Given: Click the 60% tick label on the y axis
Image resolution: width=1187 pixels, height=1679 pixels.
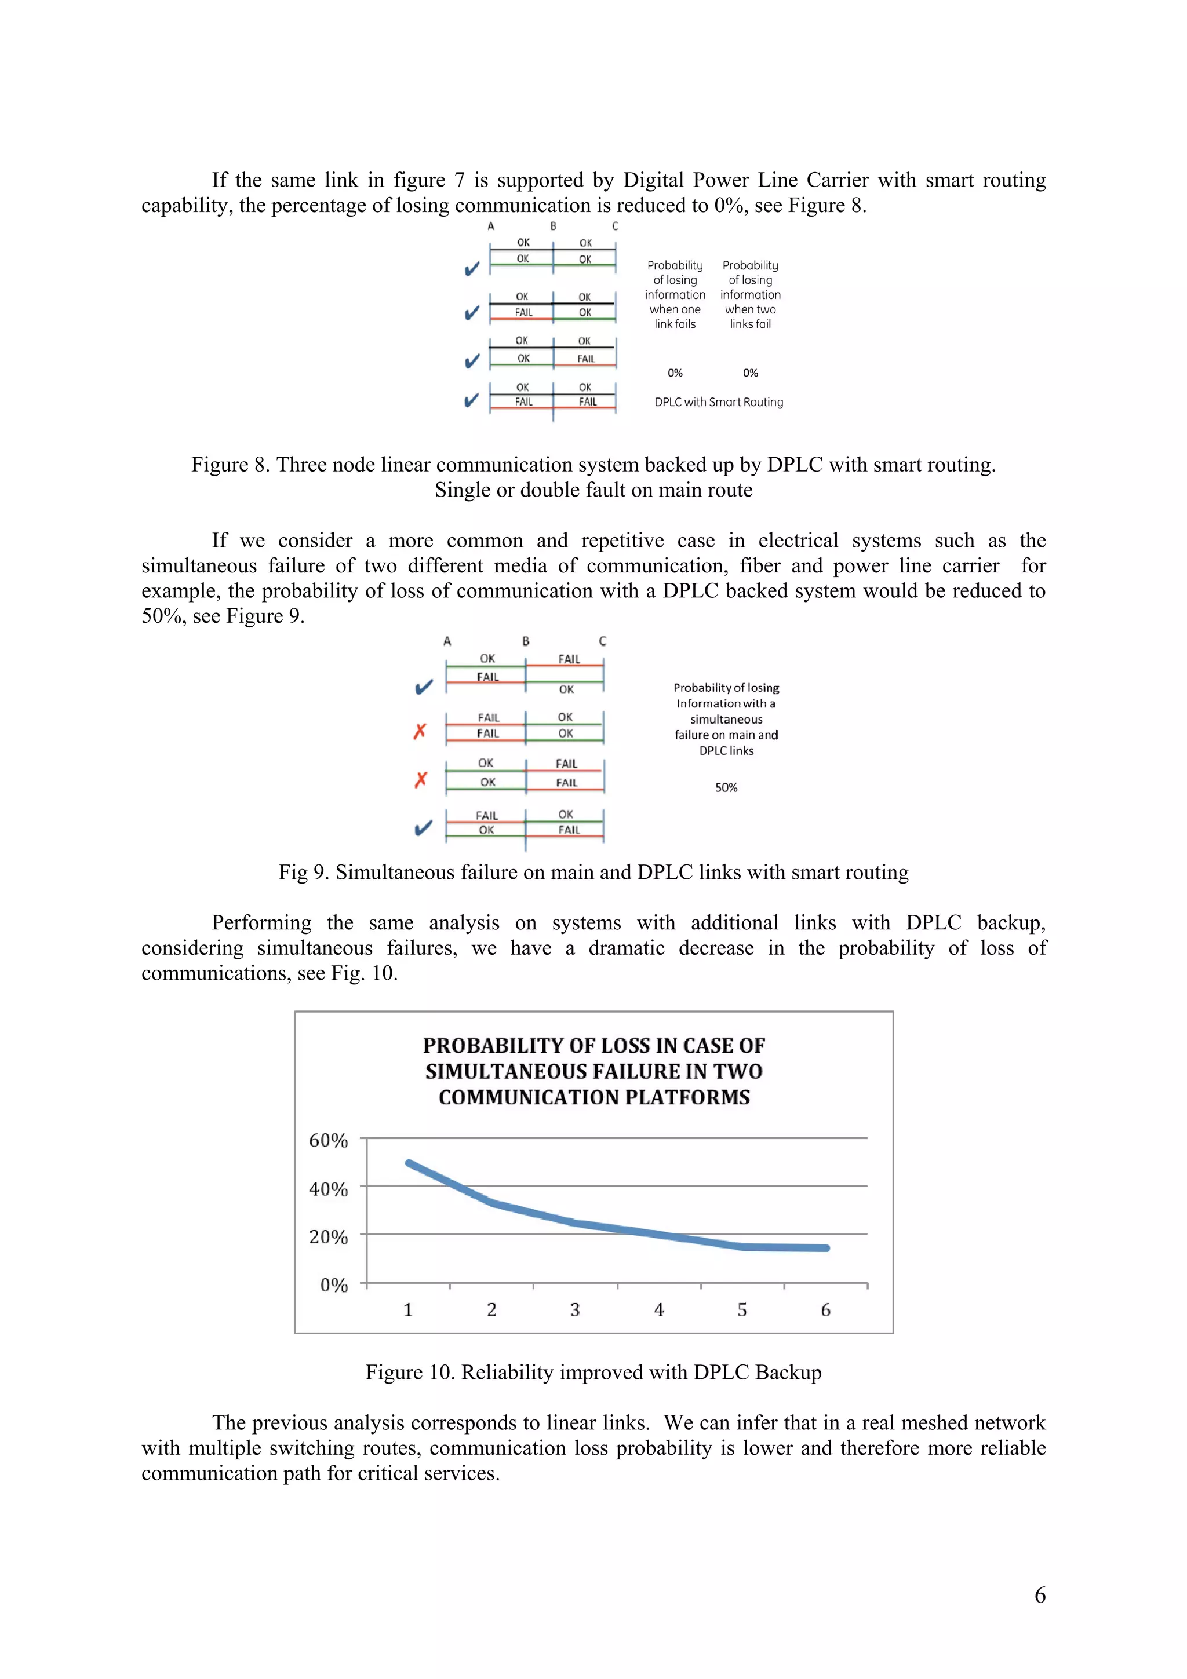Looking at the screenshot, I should click(x=329, y=1140).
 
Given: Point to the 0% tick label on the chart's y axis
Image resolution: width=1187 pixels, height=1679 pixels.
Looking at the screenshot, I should click(x=333, y=1285).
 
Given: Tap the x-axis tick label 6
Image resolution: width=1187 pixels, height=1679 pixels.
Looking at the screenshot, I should click(x=826, y=1310).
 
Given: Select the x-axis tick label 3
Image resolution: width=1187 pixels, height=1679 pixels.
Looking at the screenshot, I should click(x=575, y=1310).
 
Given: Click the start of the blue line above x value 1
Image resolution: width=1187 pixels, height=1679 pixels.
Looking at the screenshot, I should click(x=409, y=1163).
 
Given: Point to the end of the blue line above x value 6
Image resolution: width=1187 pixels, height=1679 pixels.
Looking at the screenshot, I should click(x=826, y=1249).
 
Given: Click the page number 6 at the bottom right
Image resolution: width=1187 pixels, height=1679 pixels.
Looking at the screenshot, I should click(x=1039, y=1595).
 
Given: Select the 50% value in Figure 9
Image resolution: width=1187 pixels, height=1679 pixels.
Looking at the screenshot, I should click(x=726, y=787).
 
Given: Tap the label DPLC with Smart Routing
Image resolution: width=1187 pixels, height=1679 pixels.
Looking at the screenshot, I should click(x=718, y=402).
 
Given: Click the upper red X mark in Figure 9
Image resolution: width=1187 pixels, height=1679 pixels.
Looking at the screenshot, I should click(x=420, y=731).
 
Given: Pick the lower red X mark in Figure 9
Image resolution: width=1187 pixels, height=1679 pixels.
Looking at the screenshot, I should click(x=421, y=780).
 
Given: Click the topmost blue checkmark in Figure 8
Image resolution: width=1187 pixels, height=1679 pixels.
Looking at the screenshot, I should click(x=472, y=268).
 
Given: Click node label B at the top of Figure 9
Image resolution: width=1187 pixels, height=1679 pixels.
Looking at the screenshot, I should click(x=525, y=641).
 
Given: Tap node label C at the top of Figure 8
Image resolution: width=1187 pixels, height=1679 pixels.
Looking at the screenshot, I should click(x=615, y=227).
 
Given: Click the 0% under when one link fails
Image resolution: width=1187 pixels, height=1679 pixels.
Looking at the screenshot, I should click(x=674, y=373).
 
